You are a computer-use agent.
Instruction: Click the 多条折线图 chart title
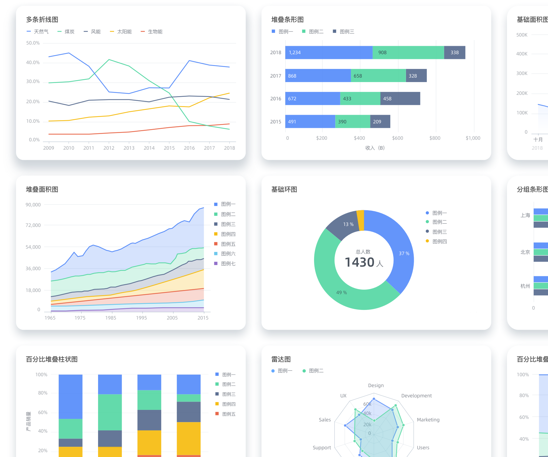[x=42, y=20]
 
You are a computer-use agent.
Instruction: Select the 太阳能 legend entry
[x=124, y=32]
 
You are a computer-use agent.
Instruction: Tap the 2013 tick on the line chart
[x=129, y=148]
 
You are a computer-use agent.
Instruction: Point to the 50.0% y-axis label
[x=33, y=43]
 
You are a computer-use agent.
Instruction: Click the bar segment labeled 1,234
[x=329, y=53]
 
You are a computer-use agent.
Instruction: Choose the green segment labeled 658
[x=378, y=76]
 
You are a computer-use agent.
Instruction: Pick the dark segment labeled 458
[x=400, y=99]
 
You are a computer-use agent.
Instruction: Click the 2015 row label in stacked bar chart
[x=276, y=122]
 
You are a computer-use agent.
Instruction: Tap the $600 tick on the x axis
[x=397, y=138]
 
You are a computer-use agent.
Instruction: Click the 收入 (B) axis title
[x=375, y=148]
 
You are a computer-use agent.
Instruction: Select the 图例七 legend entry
[x=228, y=264]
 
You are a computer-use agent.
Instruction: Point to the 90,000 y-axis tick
[x=33, y=205]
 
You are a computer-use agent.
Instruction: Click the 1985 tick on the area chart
[x=111, y=318]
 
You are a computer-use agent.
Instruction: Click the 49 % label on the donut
[x=341, y=293]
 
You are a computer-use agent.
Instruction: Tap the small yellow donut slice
[x=361, y=220]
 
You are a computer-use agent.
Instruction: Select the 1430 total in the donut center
[x=360, y=262]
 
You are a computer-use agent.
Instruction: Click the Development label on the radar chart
[x=416, y=396]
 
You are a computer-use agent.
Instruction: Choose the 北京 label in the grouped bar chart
[x=525, y=252]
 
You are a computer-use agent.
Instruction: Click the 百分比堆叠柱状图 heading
[x=52, y=359]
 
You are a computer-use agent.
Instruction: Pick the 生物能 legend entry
[x=155, y=32]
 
